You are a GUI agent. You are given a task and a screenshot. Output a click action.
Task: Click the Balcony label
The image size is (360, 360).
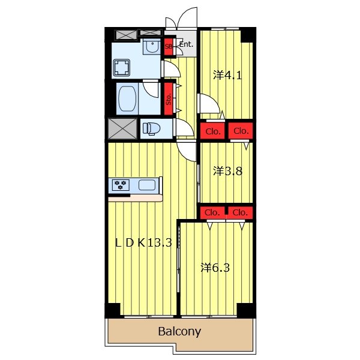pyautogui.click(x=179, y=332)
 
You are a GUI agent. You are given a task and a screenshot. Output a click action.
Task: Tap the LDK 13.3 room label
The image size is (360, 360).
pyautogui.click(x=143, y=242)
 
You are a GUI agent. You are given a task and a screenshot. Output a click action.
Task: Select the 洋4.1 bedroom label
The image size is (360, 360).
pyautogui.click(x=227, y=75)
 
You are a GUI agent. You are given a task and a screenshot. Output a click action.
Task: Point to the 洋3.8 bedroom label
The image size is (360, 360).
pyautogui.click(x=227, y=171)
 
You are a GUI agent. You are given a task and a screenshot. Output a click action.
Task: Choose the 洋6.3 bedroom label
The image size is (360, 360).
pyautogui.click(x=215, y=268)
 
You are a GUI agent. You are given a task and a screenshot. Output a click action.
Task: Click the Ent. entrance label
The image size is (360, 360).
pyautogui.click(x=186, y=44)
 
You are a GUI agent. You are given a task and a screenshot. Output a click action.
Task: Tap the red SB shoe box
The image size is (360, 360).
pyautogui.click(x=169, y=46)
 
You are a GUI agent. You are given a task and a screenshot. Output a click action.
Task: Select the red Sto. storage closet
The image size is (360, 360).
pyautogui.click(x=169, y=99)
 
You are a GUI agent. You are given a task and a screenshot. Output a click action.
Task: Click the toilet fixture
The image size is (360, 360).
pyautogui.click(x=151, y=128)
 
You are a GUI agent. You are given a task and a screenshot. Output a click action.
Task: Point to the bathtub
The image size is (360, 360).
pyautogui.click(x=127, y=99)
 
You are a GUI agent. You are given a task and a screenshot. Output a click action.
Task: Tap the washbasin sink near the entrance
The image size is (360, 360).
pyautogui.click(x=152, y=47)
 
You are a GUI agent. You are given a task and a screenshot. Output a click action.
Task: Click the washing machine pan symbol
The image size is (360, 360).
pyautogui.click(x=121, y=67)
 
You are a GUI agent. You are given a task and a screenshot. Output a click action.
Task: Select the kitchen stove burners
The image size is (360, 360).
pyautogui.click(x=121, y=185)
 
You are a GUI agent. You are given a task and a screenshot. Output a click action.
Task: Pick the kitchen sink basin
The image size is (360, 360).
pyautogui.click(x=147, y=185)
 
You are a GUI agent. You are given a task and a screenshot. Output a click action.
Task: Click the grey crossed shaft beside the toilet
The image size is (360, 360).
pyautogui.click(x=122, y=128)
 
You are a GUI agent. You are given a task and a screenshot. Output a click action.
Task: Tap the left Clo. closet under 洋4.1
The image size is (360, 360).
pyautogui.click(x=212, y=131)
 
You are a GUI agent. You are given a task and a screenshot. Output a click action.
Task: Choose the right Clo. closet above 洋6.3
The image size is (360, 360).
pyautogui.click(x=240, y=212)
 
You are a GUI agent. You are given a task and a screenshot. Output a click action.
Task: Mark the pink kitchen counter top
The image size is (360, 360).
pyautogui.click(x=136, y=199)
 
